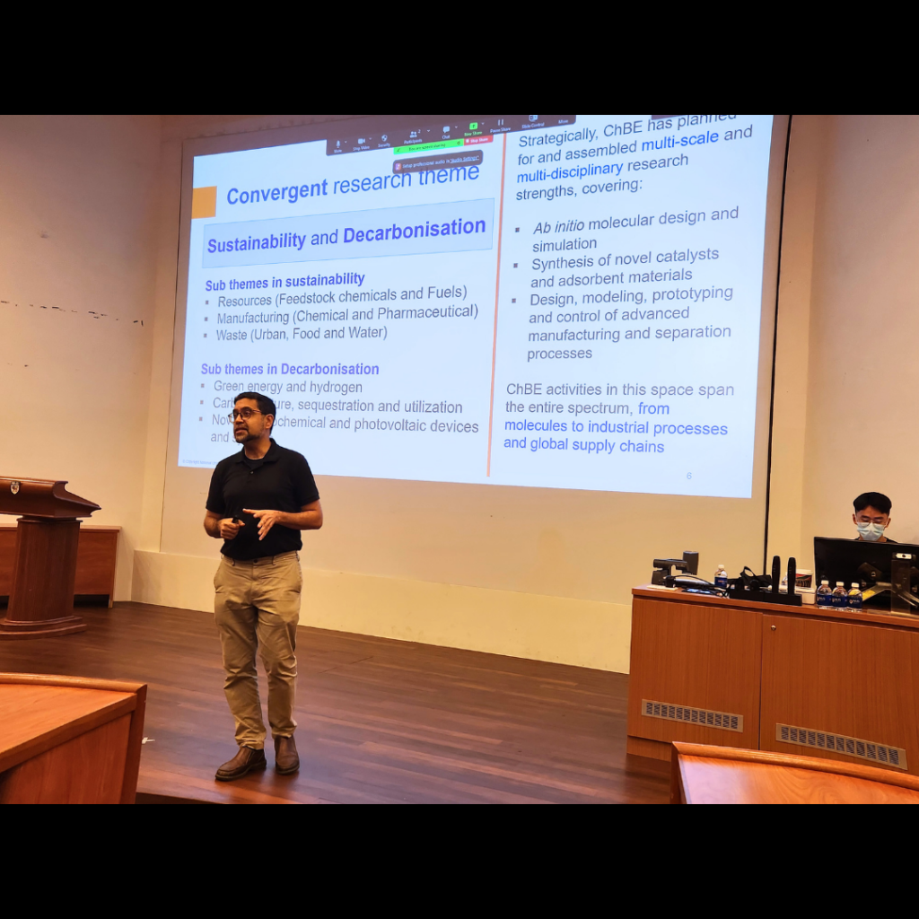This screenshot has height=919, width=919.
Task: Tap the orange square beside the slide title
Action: (204, 203)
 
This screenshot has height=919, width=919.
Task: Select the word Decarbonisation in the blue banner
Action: (414, 232)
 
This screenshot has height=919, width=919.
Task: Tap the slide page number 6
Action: (689, 476)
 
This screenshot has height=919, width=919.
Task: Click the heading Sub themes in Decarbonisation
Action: (289, 369)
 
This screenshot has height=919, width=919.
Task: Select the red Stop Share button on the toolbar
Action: (477, 140)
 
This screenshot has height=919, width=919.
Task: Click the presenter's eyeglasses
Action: (246, 415)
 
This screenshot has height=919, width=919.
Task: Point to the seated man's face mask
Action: (870, 530)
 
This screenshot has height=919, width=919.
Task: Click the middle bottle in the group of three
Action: (838, 595)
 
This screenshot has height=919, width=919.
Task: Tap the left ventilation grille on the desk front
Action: (691, 715)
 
